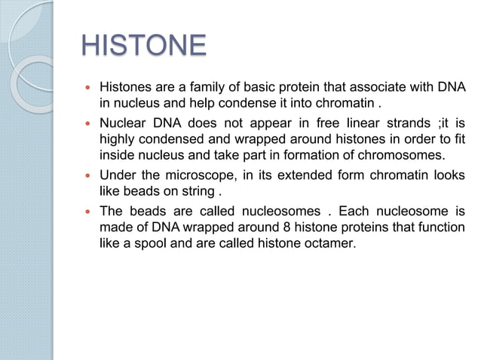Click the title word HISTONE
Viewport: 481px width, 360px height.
coord(143,46)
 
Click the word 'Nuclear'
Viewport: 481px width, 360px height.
coord(124,123)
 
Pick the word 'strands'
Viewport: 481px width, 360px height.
coord(401,123)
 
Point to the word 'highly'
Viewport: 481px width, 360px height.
coord(117,139)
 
